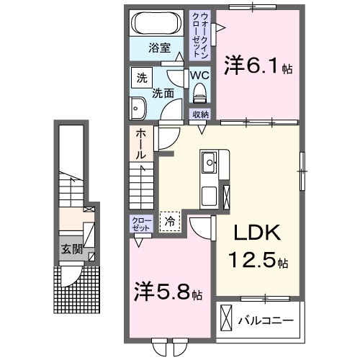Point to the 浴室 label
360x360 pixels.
tap(159, 49)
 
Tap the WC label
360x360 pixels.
tap(199, 75)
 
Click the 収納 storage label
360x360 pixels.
tap(199, 114)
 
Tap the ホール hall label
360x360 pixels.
tap(140, 144)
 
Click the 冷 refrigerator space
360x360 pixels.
tap(170, 222)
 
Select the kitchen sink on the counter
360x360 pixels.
tap(211, 162)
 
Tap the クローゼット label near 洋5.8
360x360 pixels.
tap(140, 222)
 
